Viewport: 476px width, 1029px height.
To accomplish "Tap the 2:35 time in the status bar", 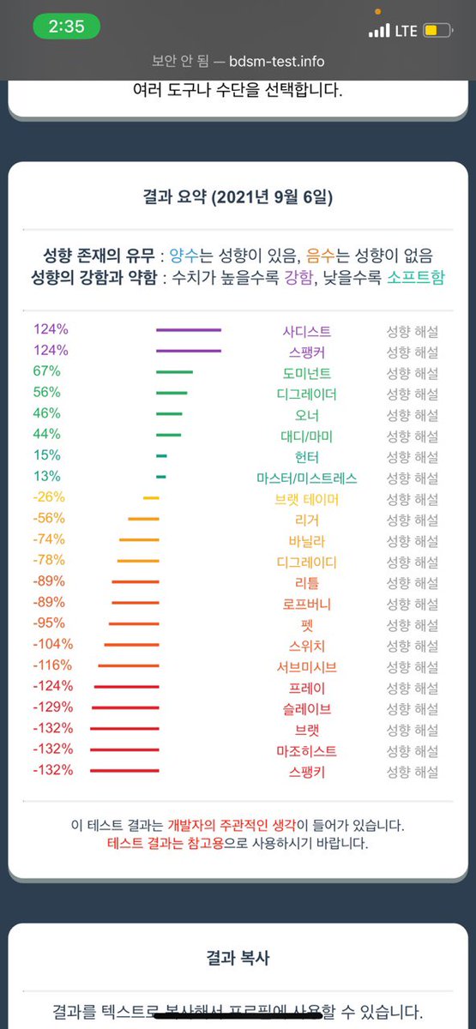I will click(66, 27).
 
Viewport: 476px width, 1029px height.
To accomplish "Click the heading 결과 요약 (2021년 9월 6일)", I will click(238, 197).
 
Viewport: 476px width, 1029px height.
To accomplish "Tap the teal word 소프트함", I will click(415, 277).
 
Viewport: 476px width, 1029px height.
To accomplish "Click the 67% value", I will click(46, 371).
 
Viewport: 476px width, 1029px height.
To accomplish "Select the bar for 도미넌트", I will click(174, 372).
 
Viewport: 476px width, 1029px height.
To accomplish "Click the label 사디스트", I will click(306, 331).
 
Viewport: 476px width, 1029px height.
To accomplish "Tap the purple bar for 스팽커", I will click(189, 351).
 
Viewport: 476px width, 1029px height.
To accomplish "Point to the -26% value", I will click(49, 497).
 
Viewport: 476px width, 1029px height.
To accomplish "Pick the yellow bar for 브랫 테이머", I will click(151, 498).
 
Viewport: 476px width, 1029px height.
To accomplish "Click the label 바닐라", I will click(306, 541).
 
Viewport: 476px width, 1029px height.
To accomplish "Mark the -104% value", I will click(52, 644).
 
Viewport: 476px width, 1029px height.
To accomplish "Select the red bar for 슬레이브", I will click(125, 708).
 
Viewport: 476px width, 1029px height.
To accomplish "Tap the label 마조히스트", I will click(306, 751).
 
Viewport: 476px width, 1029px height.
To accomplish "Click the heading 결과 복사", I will click(238, 958).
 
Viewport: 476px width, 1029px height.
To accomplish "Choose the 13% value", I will click(46, 477).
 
